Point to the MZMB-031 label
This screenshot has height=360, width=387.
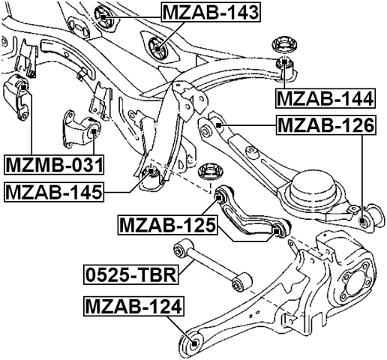[53, 163]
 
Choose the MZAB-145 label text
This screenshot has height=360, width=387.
[53, 192]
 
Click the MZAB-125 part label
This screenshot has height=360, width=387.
[167, 223]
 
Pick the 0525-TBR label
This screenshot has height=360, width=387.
[129, 276]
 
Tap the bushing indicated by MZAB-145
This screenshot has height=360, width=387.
[150, 178]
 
